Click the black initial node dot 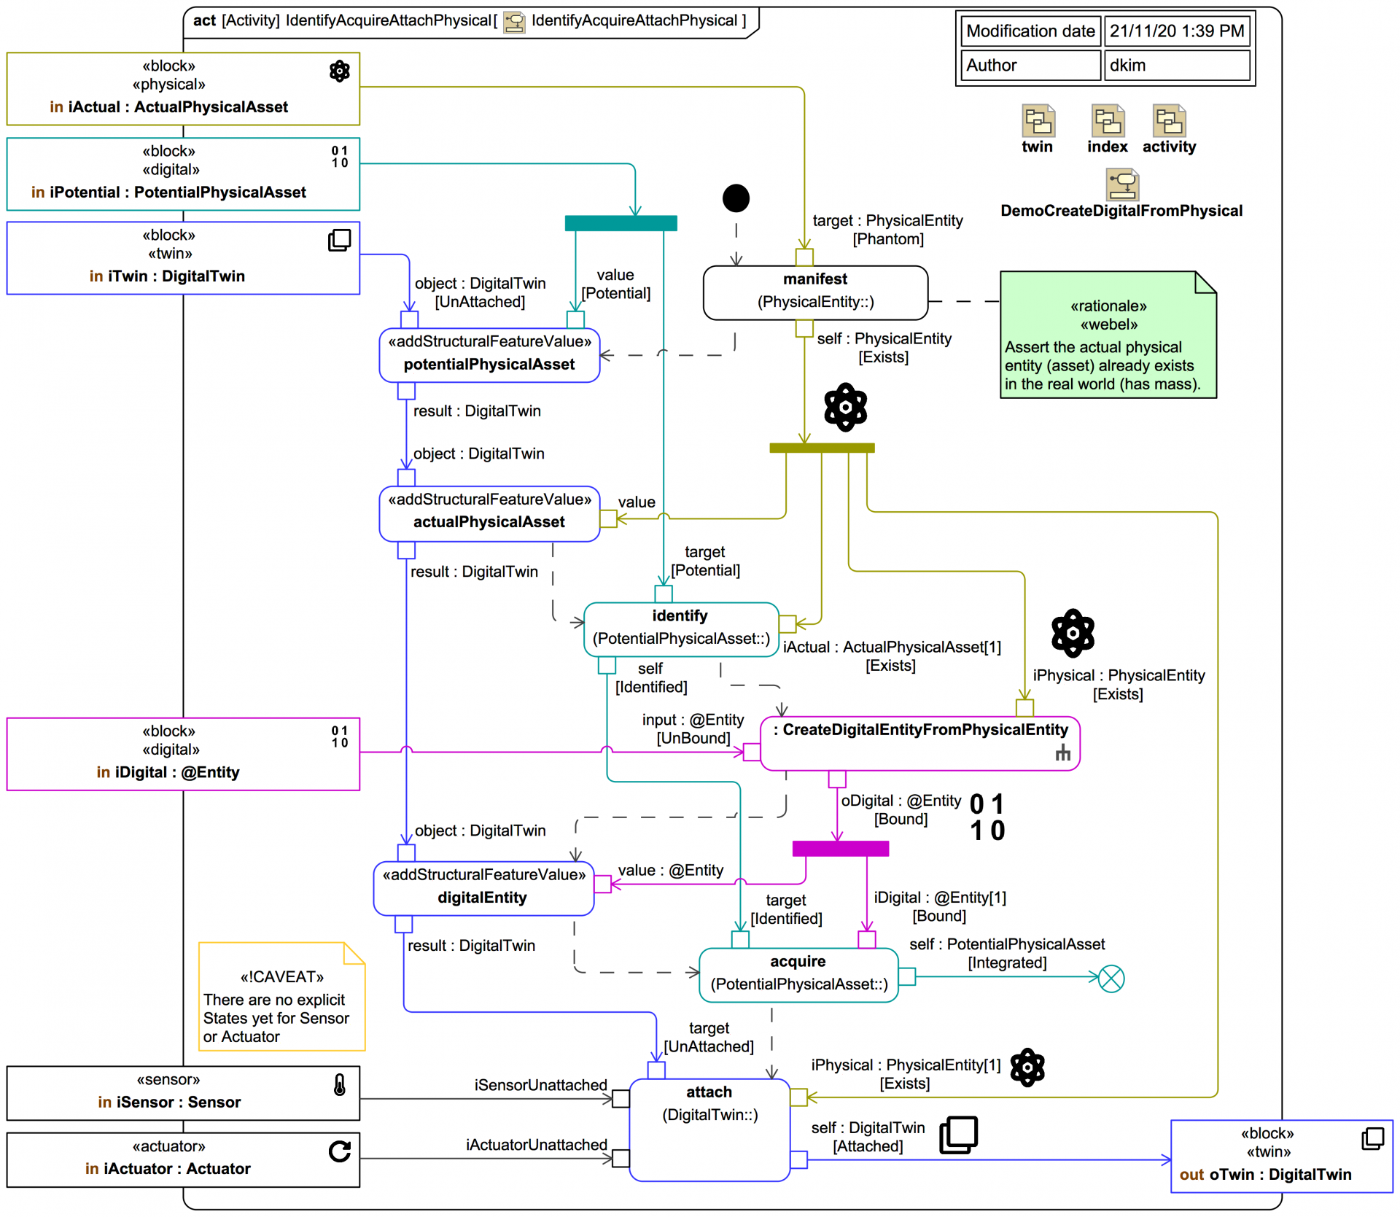(736, 198)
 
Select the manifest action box (814, 292)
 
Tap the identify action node (680, 629)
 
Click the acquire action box (798, 974)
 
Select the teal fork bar (621, 223)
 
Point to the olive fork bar (822, 448)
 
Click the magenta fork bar (840, 848)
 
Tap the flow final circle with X (1111, 979)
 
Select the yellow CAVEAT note (281, 997)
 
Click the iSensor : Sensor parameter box (183, 1093)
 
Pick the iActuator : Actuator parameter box (183, 1159)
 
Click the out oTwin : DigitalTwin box (1281, 1156)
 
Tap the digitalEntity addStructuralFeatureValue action (483, 889)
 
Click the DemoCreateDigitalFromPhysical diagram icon (1122, 184)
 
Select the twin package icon (1038, 121)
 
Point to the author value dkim (1176, 66)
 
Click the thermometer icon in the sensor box (340, 1085)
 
